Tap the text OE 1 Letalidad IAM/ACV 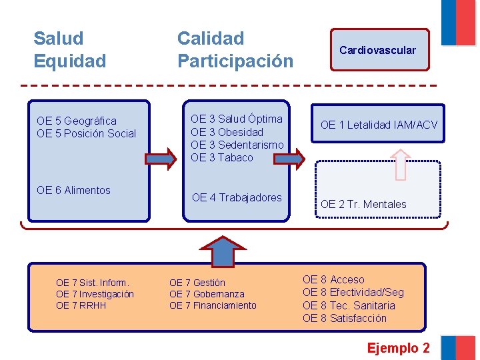point(379,125)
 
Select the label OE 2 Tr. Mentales point(363,204)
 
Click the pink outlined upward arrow point(400,164)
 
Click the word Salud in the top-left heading point(59,39)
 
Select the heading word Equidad point(70,61)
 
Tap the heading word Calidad point(211,39)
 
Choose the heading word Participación point(235,61)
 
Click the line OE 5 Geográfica point(77,121)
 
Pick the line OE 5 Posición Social point(86,133)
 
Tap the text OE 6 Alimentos point(74,190)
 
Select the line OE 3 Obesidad point(227,132)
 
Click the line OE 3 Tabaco point(222,157)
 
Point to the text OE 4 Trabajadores point(237,197)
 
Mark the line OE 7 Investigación point(95,294)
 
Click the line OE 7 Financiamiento point(213,305)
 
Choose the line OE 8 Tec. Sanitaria point(349,305)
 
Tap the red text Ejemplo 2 point(399,348)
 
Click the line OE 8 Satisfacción point(345,318)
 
